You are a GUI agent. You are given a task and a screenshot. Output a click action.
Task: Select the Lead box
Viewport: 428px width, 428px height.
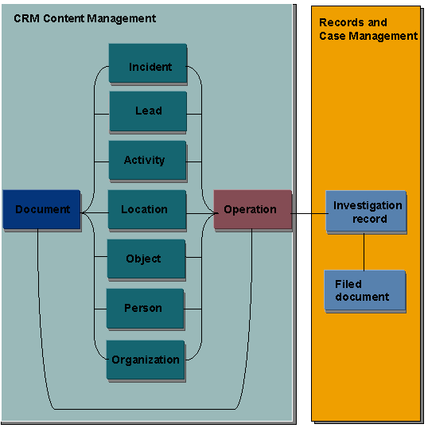click(148, 111)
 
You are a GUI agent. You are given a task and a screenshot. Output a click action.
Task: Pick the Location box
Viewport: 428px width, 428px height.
click(146, 210)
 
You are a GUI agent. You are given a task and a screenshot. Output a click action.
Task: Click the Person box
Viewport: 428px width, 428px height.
click(145, 309)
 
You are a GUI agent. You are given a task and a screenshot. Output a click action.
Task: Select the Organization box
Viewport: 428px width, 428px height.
click(146, 360)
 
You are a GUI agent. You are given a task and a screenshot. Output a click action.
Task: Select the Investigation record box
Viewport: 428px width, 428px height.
click(366, 212)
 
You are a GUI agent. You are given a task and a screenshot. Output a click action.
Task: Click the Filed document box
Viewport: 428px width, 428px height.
click(365, 290)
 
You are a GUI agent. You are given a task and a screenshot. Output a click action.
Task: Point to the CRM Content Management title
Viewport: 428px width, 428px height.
click(85, 18)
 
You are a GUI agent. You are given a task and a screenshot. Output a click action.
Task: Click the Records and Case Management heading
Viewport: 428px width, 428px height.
click(368, 29)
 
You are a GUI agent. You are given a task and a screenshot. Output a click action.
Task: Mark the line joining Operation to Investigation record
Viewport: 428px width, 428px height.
click(309, 213)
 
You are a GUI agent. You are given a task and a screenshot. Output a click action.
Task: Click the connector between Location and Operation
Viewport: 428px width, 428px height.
click(200, 213)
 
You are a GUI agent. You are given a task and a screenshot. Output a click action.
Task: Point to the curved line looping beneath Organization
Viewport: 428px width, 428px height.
click(143, 408)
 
